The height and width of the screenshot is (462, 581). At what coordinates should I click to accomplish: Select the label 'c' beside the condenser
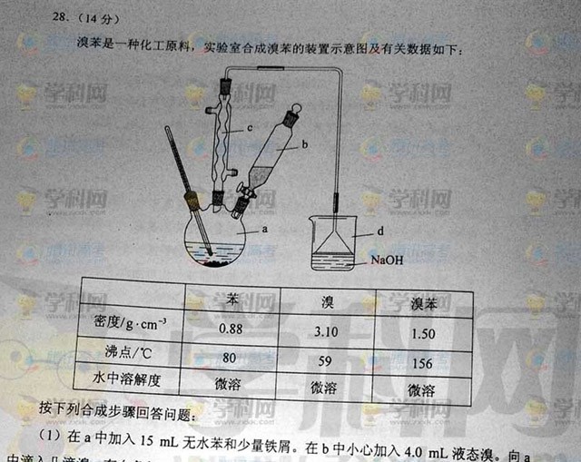coord(248,130)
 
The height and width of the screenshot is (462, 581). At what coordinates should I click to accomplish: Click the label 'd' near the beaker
coord(380,232)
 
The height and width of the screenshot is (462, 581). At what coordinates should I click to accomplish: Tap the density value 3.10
coord(326,330)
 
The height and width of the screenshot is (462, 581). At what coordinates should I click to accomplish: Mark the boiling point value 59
coord(324,359)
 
